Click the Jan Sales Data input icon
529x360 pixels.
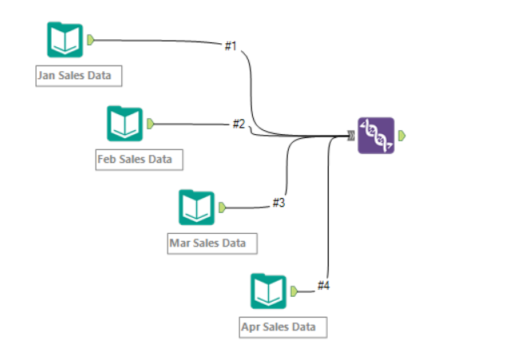click(x=65, y=40)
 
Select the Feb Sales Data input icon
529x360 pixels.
click(x=124, y=124)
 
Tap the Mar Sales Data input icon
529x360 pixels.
click(x=195, y=208)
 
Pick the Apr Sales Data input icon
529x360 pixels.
click(x=268, y=291)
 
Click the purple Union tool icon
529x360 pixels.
click(x=376, y=136)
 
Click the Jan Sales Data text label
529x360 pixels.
click(x=79, y=77)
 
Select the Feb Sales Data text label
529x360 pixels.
click(x=135, y=159)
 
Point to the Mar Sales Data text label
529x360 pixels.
click(x=207, y=243)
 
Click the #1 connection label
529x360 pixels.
click(x=231, y=46)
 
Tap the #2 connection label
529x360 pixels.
click(x=239, y=124)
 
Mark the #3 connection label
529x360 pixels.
click(x=278, y=203)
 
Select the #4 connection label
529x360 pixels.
click(x=323, y=285)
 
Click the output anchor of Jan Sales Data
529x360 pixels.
click(x=92, y=39)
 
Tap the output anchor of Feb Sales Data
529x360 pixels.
click(x=150, y=124)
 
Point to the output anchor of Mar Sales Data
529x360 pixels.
click(x=222, y=208)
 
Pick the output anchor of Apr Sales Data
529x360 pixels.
click(x=294, y=291)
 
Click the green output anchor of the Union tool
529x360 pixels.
click(x=402, y=136)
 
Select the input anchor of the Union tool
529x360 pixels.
click(x=351, y=136)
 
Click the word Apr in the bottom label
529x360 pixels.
click(x=252, y=326)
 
